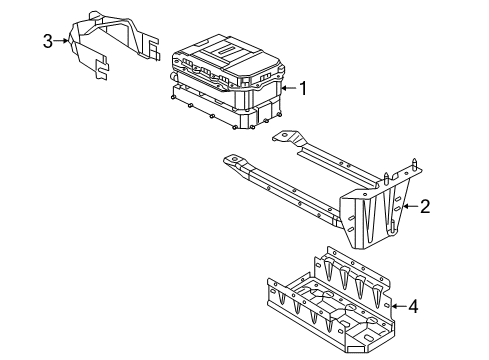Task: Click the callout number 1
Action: [x=304, y=88]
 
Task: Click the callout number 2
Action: [x=425, y=207]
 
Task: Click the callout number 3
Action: [x=47, y=41]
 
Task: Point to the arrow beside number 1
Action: [x=287, y=88]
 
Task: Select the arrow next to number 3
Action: [x=63, y=41]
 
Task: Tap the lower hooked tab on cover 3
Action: [x=103, y=71]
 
